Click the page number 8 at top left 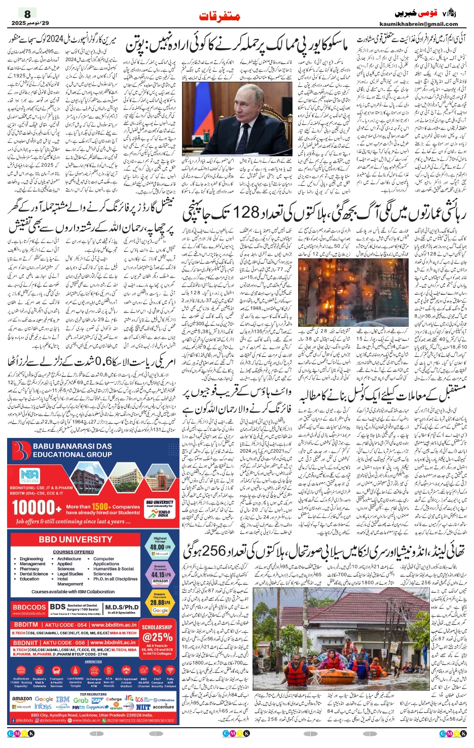pyautogui.click(x=27, y=14)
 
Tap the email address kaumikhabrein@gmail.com pyautogui.click(x=418, y=24)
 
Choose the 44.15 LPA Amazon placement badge pyautogui.click(x=160, y=574)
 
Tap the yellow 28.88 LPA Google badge pyautogui.click(x=160, y=602)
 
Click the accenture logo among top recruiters pyautogui.click(x=163, y=706)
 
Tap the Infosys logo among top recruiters pyautogui.click(x=43, y=706)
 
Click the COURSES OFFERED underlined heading pyautogui.click(x=74, y=552)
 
